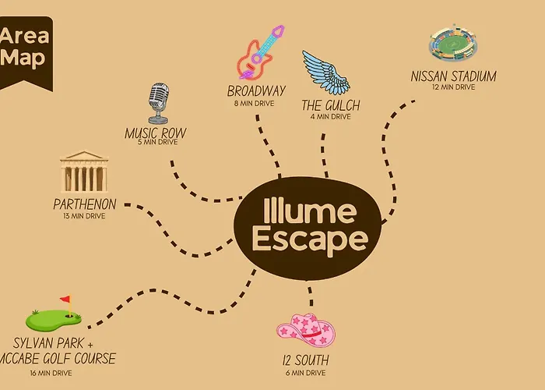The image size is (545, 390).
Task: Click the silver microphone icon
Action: tap(159, 103)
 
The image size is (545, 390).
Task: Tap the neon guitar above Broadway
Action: tap(260, 52)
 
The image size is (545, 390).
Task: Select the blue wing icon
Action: tap(325, 73)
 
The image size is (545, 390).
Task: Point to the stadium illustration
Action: tap(453, 43)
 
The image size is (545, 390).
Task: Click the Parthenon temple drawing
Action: tap(84, 172)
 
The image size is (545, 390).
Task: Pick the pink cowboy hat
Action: tap(306, 330)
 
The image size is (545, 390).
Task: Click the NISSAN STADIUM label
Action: tap(454, 76)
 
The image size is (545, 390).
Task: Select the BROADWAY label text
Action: tap(256, 91)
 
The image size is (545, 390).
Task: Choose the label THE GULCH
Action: tap(331, 105)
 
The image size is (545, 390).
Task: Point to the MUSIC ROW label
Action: tap(156, 133)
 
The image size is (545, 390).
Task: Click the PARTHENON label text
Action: tap(85, 204)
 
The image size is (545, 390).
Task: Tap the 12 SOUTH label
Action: tap(305, 360)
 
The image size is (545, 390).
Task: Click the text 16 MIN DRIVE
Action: tap(51, 373)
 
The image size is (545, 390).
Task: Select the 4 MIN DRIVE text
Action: tap(331, 117)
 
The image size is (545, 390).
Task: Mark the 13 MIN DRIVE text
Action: tap(84, 216)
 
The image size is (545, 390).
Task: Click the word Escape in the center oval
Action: tap(310, 239)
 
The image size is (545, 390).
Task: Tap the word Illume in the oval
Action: tap(309, 211)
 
